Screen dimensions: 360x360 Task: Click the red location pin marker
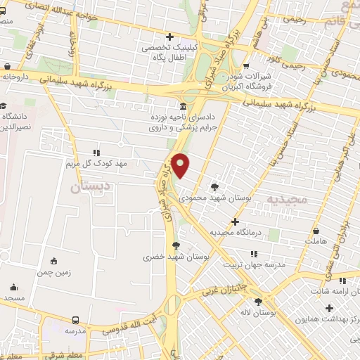click(x=181, y=165)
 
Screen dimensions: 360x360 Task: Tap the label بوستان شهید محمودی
click(x=215, y=198)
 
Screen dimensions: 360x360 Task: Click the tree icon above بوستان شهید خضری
click(x=175, y=245)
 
